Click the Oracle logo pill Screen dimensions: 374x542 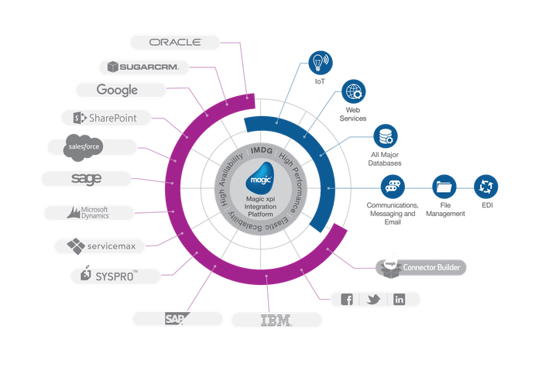click(175, 42)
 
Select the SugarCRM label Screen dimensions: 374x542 click(146, 67)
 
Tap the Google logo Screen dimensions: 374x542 click(118, 91)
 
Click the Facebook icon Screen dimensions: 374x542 click(346, 300)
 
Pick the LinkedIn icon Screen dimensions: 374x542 click(399, 300)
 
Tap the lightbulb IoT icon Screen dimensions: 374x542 click(318, 60)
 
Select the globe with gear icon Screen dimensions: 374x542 click(353, 93)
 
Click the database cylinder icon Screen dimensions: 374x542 click(384, 136)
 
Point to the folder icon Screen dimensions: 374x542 click(443, 186)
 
